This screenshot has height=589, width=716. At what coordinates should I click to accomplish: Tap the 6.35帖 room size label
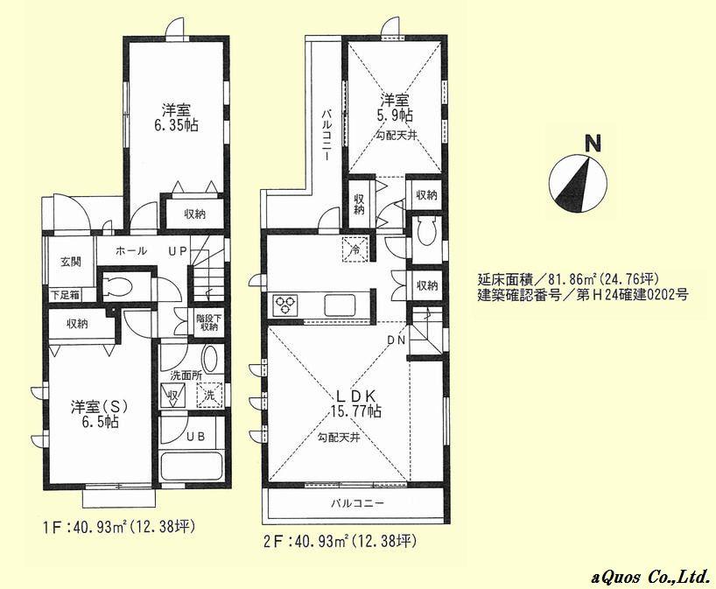(x=179, y=125)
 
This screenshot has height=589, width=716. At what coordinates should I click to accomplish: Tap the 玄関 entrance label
(x=71, y=261)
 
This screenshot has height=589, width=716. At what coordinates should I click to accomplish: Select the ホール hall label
(x=130, y=251)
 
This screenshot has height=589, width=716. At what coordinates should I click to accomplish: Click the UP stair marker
(x=179, y=251)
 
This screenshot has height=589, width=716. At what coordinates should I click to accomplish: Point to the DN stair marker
(x=395, y=340)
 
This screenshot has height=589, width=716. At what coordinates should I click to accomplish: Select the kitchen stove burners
(x=286, y=305)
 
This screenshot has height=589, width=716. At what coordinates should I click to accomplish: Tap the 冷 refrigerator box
(x=355, y=248)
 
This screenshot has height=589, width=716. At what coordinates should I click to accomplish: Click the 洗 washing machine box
(x=209, y=395)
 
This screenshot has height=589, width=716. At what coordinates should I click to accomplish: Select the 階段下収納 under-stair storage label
(x=208, y=322)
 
